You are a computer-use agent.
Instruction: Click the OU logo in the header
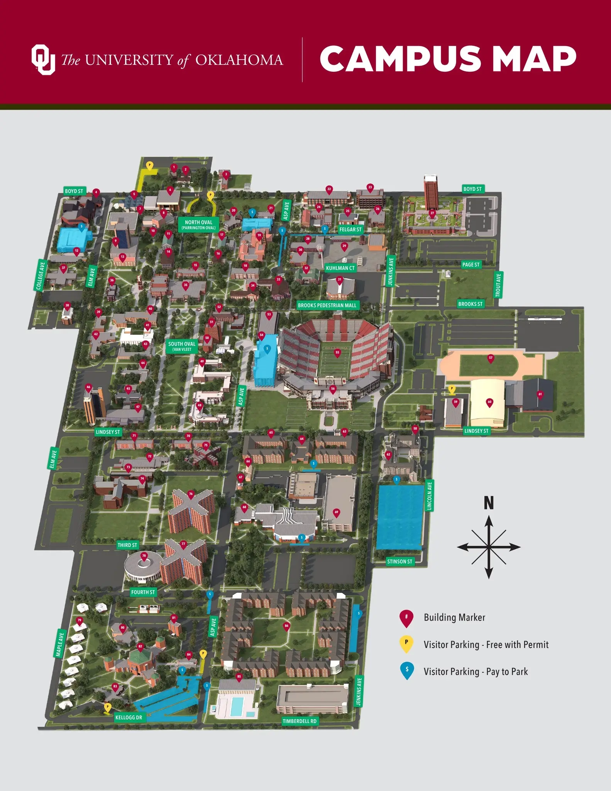[43, 59]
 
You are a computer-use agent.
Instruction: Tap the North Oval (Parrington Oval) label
[198, 224]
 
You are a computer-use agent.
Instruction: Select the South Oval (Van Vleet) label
[182, 346]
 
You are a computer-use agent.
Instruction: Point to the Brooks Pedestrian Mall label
[327, 305]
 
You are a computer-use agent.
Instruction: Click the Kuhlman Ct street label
[340, 268]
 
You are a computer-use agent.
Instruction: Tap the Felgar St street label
[350, 229]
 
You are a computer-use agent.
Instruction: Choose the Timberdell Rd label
[299, 721]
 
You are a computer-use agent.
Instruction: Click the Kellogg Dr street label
[129, 717]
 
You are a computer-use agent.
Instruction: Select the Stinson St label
[399, 561]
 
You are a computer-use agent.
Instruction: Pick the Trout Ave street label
[498, 285]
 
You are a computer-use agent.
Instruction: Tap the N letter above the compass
[489, 503]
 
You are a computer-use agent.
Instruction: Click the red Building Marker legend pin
[406, 618]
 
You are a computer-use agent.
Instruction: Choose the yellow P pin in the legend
[406, 643]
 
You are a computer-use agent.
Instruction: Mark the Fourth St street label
[143, 592]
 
